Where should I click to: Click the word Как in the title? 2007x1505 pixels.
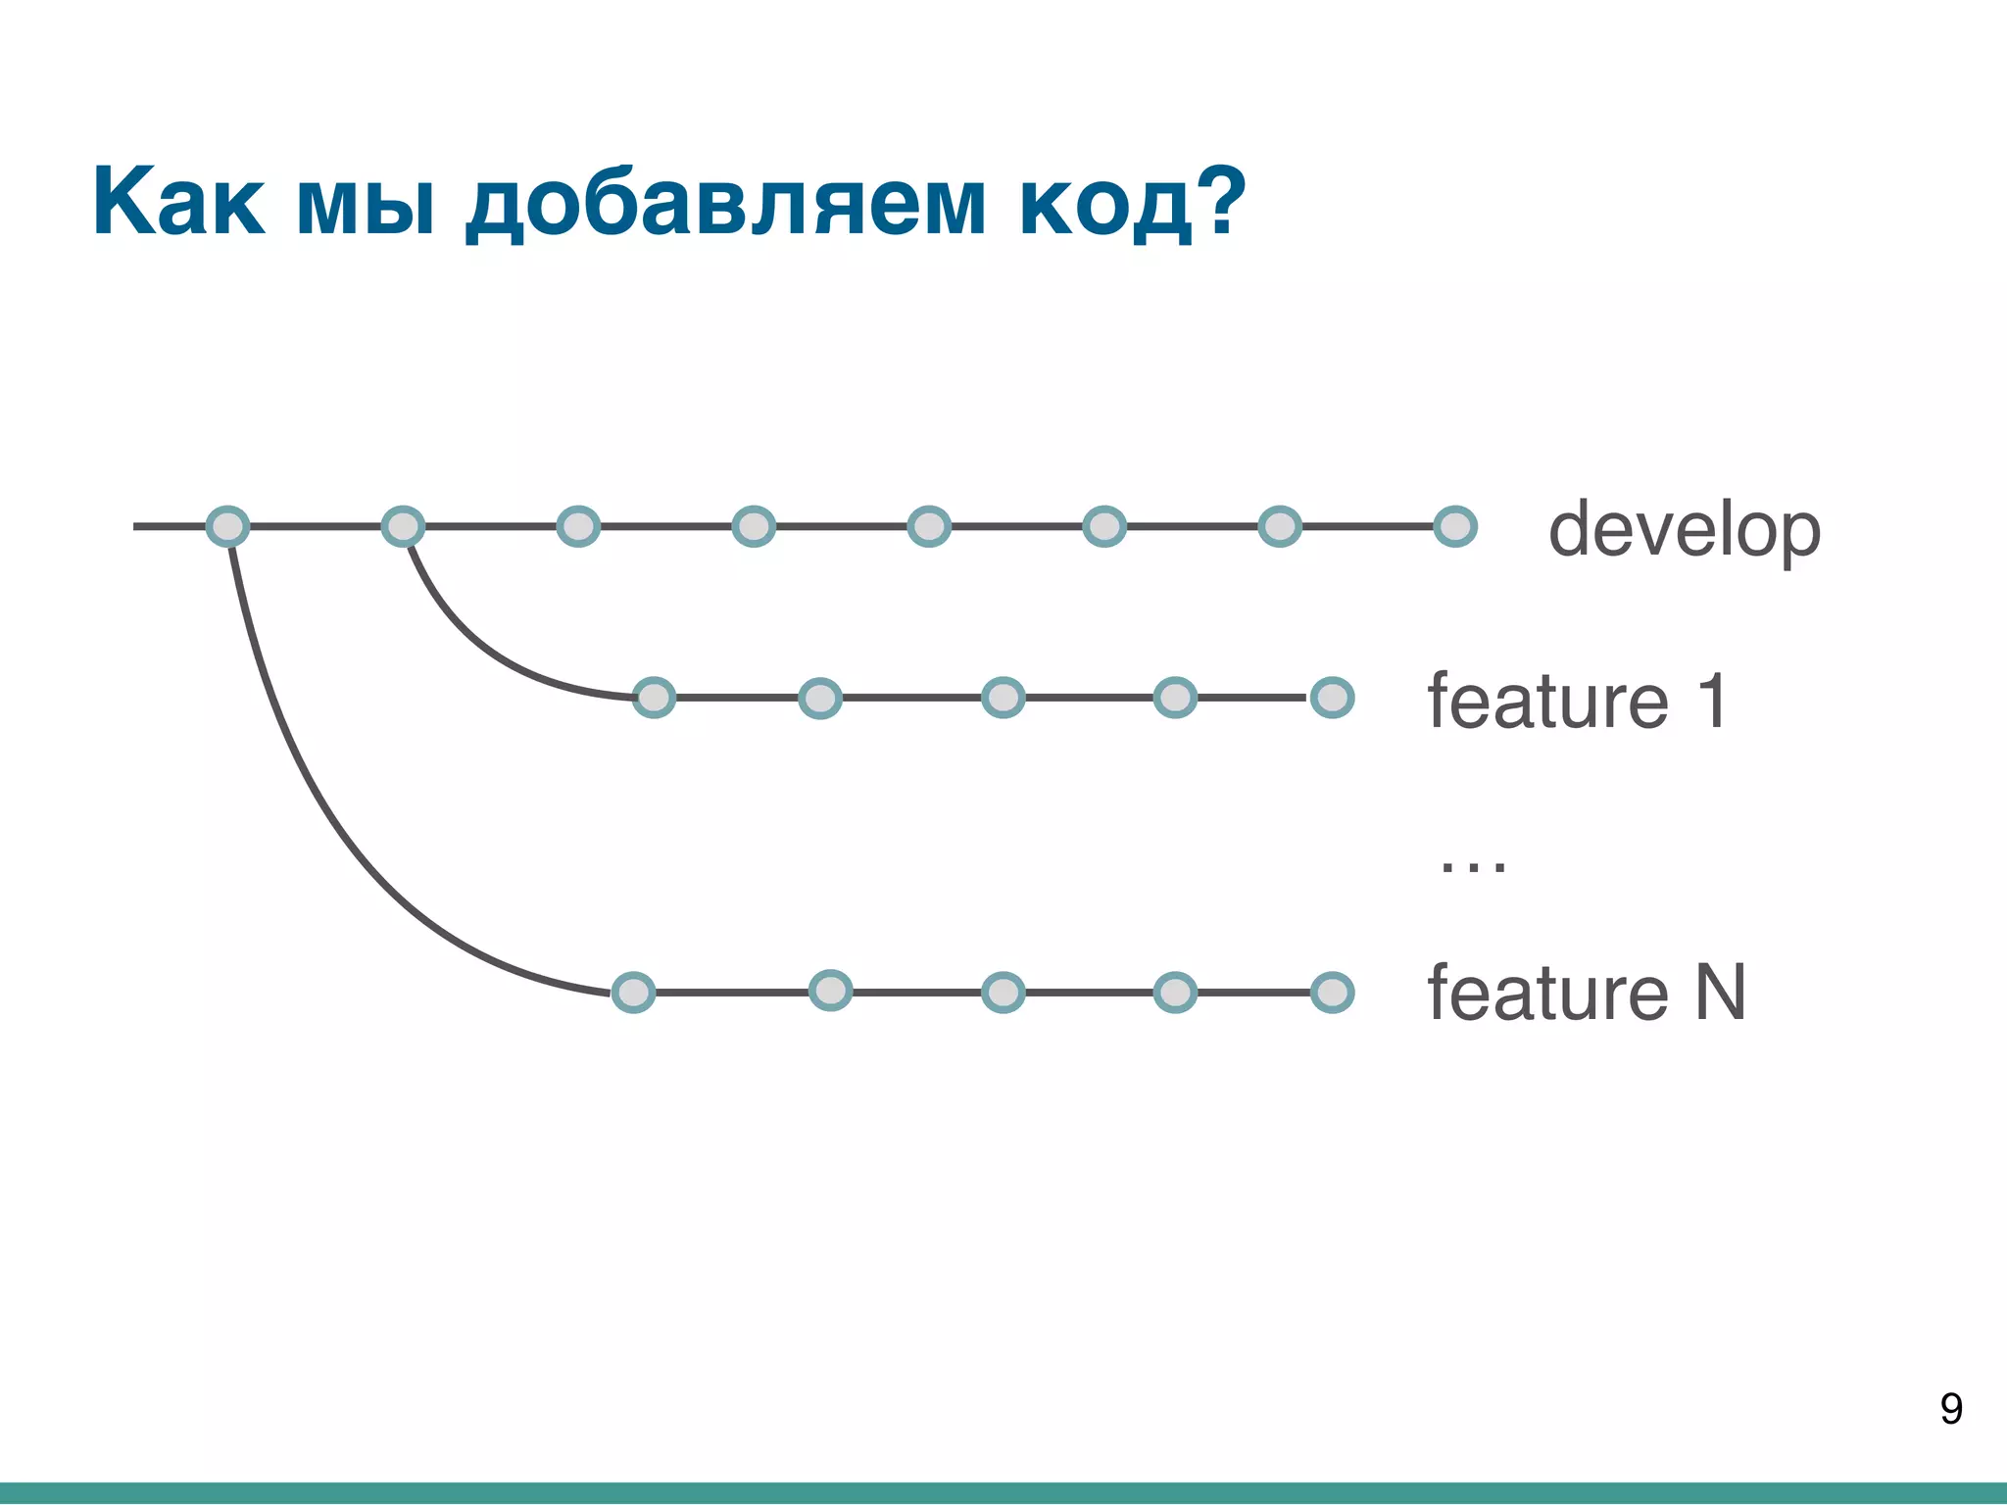(178, 203)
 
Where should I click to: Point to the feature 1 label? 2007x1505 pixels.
(1577, 701)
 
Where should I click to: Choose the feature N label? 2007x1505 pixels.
(1586, 993)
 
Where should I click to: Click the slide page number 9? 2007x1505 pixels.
(1950, 1409)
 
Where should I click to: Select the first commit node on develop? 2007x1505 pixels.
(227, 526)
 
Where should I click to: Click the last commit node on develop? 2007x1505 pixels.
(1455, 526)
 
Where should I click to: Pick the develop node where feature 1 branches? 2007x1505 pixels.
(403, 526)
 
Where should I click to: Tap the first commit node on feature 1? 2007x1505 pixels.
(654, 698)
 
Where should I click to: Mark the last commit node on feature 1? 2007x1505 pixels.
(1333, 698)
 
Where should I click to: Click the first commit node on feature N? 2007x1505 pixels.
(633, 993)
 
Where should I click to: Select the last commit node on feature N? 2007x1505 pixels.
(1333, 992)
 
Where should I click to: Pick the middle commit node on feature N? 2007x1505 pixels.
(1003, 993)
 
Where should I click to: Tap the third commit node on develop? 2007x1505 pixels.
(578, 526)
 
